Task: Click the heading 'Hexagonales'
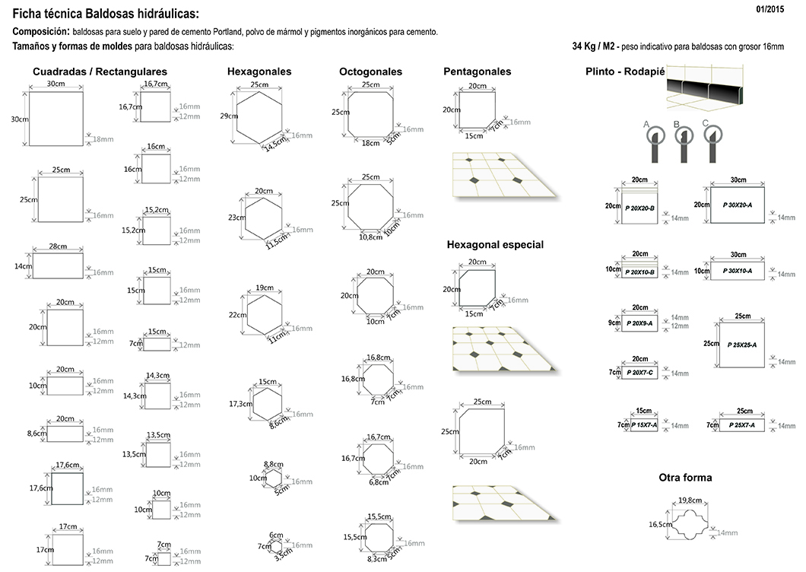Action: (259, 71)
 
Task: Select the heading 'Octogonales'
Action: (370, 71)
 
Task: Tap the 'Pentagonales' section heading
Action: (477, 71)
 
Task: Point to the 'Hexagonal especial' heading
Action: (495, 245)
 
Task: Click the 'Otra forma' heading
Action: (685, 478)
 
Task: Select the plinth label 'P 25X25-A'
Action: (741, 345)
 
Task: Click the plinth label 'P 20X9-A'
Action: (639, 323)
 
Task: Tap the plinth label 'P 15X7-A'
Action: (643, 424)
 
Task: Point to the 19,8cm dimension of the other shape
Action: (690, 500)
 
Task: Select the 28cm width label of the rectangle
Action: (57, 246)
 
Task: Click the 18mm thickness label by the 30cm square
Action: (101, 138)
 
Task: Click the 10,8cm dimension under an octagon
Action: (370, 237)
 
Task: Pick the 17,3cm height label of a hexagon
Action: (240, 404)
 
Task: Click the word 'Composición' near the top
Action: (40, 32)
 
